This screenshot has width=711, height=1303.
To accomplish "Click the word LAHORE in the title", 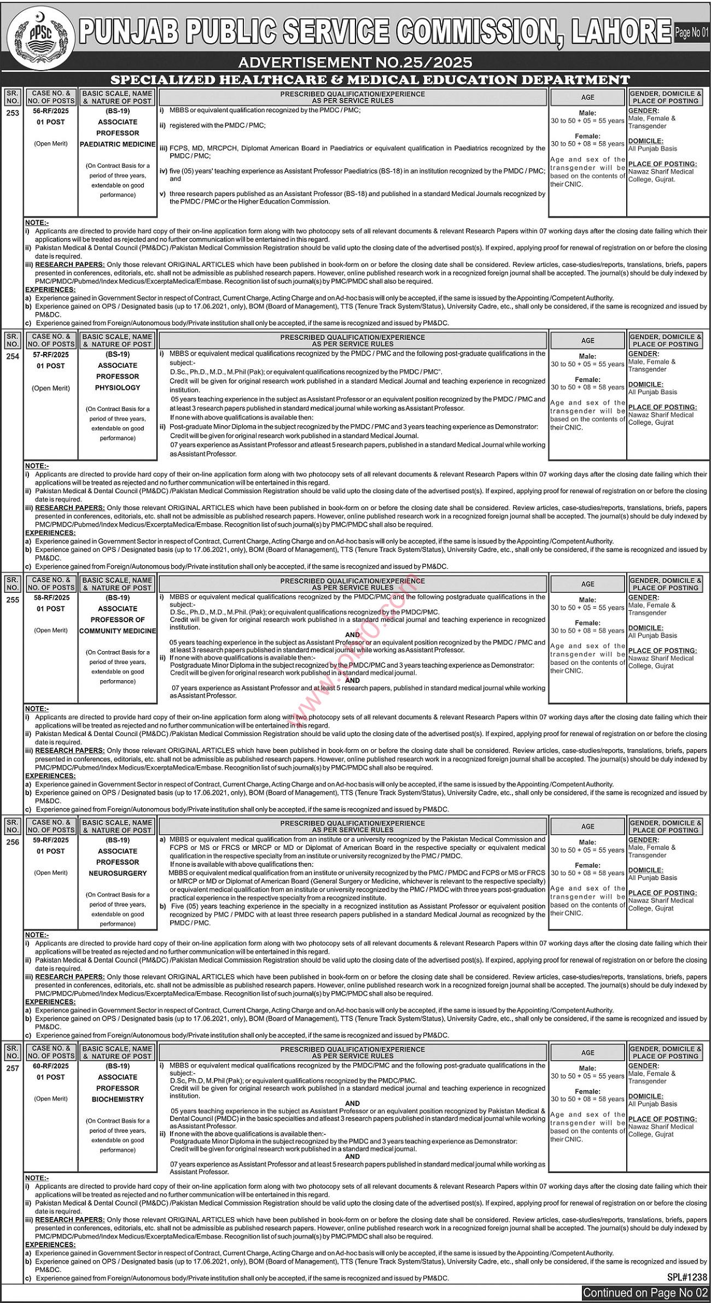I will pos(621,32).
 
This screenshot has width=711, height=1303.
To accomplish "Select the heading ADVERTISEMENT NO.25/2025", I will pos(355,62).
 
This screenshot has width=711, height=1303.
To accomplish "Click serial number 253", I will pos(13,113).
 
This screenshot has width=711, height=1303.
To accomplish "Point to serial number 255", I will pos(13,600).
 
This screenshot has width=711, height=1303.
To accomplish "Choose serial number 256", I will pos(13,842).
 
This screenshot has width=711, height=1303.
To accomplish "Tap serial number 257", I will pos(13,1068).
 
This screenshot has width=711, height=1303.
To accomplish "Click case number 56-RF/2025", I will pos(51,110).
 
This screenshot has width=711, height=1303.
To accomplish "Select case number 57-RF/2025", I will pos(51,354).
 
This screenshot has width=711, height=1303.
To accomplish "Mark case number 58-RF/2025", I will pos(51,597).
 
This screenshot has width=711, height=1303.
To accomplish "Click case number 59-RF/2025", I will pos(51,839).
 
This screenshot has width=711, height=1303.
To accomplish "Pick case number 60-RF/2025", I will pos(51,1065).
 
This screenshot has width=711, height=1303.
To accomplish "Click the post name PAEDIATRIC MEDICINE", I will pos(118,144).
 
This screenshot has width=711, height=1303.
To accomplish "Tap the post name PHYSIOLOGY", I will pos(118,387).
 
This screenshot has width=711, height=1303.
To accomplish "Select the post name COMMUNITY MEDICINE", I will pos(118,631).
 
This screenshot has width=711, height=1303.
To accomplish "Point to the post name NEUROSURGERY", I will pos(118,873).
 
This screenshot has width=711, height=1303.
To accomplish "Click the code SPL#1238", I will pos(687,1277).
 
